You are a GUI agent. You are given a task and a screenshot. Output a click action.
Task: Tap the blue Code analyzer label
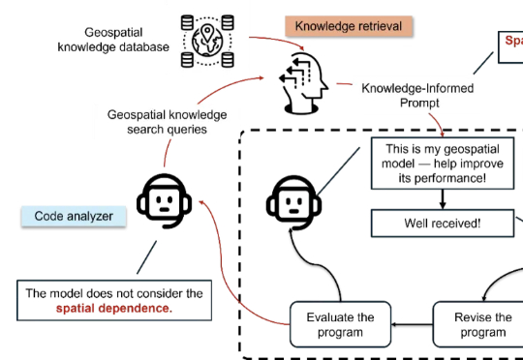click(74, 216)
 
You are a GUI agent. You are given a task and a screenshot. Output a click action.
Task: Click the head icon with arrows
click(302, 82)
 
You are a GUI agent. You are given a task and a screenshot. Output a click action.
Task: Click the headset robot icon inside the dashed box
click(292, 204)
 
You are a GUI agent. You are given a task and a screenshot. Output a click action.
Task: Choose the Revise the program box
click(481, 325)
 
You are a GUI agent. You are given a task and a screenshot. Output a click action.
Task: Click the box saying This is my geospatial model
click(443, 165)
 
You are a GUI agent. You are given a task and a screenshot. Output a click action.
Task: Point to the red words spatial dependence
click(113, 309)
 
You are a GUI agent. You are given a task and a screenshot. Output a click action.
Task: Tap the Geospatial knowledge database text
click(113, 40)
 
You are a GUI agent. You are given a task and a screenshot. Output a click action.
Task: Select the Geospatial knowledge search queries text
click(157, 121)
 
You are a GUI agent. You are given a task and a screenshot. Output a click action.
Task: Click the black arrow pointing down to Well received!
click(443, 199)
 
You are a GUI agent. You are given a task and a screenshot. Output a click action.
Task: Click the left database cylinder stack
click(188, 41)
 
